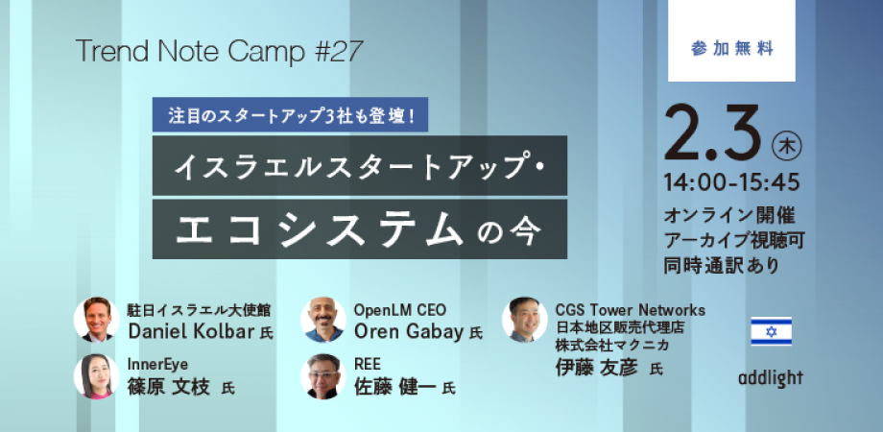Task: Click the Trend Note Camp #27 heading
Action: pos(219,52)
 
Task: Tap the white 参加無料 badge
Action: pos(731,40)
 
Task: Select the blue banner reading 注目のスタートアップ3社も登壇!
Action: pos(290,115)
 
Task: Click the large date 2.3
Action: pos(713,132)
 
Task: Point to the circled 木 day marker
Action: pos(787,146)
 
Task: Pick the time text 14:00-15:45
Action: pos(732,182)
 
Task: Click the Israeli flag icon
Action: pos(771,330)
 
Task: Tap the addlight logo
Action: pos(771,379)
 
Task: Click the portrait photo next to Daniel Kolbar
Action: pos(96,320)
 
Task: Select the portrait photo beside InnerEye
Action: pos(96,376)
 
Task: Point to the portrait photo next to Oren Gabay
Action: pos(323,320)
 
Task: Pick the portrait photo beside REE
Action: pos(323,376)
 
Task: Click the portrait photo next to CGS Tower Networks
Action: pos(525,320)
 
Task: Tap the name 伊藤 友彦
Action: pos(597,368)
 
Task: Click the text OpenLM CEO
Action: pos(400,310)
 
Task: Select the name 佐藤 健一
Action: pos(395,388)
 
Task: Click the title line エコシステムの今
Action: pos(359,228)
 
